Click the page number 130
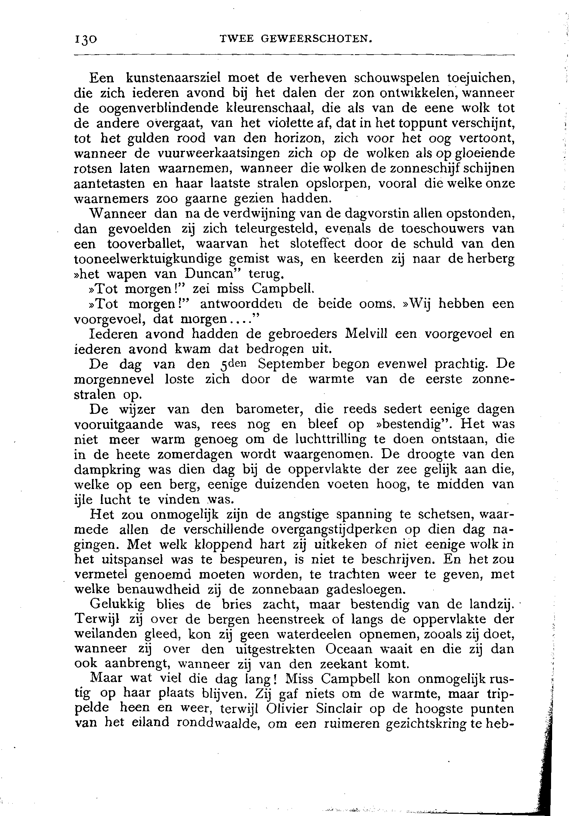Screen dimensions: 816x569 [x=86, y=39]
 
